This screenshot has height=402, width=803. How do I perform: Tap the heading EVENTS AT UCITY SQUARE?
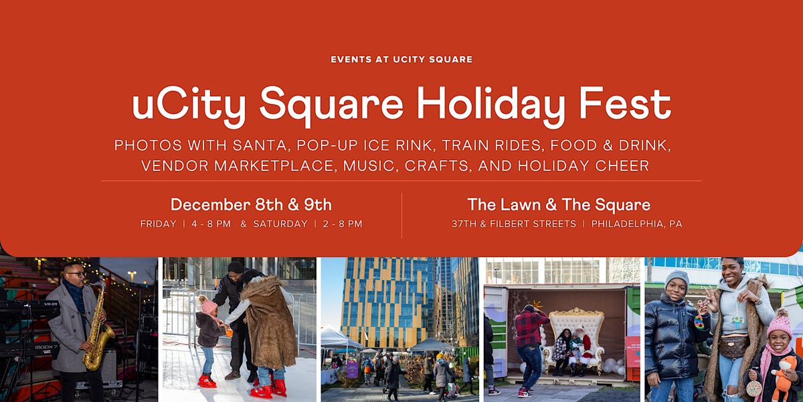click(401, 60)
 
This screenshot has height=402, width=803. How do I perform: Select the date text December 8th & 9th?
click(251, 204)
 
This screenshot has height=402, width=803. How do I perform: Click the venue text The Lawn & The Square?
click(559, 204)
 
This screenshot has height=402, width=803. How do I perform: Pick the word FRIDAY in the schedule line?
click(159, 224)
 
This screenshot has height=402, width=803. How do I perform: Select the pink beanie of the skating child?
click(208, 305)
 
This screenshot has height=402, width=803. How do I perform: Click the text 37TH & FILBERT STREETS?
click(514, 224)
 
